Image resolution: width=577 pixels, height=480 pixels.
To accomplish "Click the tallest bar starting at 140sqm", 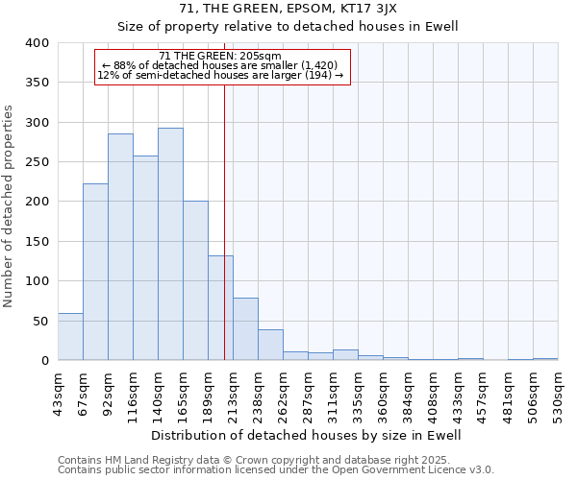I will [170, 244].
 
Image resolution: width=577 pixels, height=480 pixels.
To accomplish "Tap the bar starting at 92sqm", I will [120, 247].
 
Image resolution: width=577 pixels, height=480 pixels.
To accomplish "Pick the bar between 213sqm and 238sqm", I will [245, 328].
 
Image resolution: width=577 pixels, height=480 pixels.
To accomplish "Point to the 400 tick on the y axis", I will [36, 43].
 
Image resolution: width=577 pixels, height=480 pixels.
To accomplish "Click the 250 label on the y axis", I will [36, 162].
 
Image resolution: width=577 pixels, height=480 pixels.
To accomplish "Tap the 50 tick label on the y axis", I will [39, 321].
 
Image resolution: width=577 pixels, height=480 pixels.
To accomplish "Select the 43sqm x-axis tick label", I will [58, 392].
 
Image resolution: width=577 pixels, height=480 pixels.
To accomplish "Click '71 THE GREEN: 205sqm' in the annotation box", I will [220, 57].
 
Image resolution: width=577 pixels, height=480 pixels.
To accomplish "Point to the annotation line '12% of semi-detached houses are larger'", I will [220, 75].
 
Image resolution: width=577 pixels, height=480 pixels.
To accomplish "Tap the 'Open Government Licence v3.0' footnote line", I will [276, 469].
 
